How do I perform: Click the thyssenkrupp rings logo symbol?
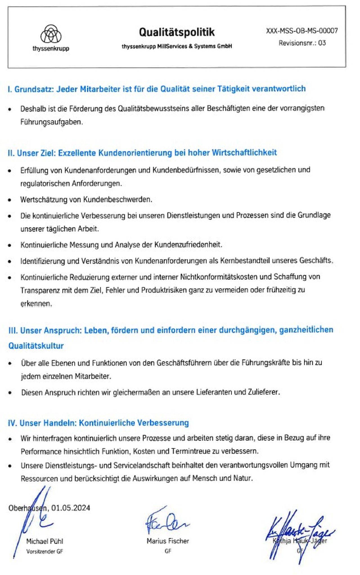click(51, 34)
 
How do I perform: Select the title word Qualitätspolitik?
click(177, 32)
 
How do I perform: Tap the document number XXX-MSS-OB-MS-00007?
click(302, 31)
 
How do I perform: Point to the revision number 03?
click(322, 43)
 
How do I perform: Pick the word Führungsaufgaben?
click(51, 122)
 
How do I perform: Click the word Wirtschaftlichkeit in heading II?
click(244, 153)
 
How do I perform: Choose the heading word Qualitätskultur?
click(36, 346)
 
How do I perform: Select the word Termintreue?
click(190, 451)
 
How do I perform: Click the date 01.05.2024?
click(71, 508)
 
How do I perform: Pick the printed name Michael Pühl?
click(45, 541)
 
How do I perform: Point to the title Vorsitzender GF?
click(44, 551)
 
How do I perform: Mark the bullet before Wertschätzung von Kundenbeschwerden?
click(10, 200)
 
